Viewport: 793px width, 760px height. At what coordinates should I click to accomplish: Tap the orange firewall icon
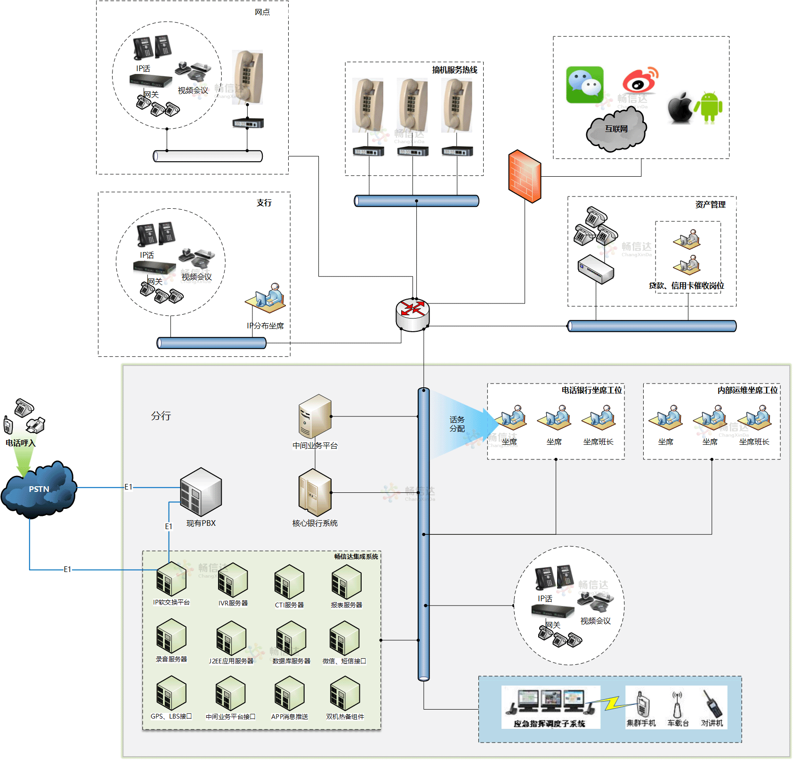click(525, 176)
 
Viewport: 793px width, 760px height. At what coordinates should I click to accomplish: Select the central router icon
click(413, 314)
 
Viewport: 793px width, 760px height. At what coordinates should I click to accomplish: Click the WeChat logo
click(584, 84)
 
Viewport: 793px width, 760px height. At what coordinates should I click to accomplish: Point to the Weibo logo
click(640, 80)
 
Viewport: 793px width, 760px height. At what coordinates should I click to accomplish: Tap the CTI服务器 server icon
click(289, 582)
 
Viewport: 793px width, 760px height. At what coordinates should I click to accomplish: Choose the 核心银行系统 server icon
click(315, 493)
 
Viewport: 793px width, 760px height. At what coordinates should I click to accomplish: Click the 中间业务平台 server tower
click(315, 416)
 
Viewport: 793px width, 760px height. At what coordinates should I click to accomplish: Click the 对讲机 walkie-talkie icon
click(712, 704)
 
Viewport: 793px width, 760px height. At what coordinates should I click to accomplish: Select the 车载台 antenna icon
click(677, 705)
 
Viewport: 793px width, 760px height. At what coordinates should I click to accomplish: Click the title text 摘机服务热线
click(454, 70)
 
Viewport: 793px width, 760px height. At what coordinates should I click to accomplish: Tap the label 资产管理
click(710, 204)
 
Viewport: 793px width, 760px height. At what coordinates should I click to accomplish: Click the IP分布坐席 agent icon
click(266, 298)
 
